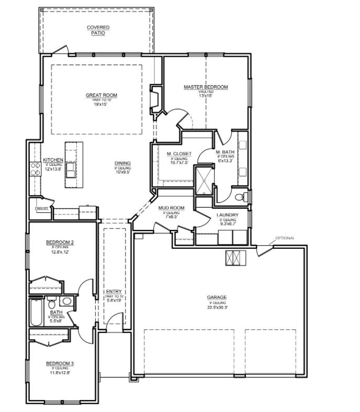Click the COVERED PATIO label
[x=98, y=30]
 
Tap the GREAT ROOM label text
[x=102, y=95]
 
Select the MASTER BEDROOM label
[x=206, y=87]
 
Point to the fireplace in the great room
[x=156, y=99]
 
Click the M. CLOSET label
[x=179, y=154]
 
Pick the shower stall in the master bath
[x=203, y=179]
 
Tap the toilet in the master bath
[x=241, y=197]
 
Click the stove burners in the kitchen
[x=36, y=168]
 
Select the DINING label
[x=123, y=163]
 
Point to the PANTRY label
[x=42, y=208]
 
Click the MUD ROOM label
[x=171, y=208]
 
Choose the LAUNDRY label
[x=228, y=215]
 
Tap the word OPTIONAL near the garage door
[x=285, y=238]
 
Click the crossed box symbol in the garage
[x=235, y=257]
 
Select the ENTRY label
[x=114, y=292]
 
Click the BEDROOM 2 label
[x=60, y=242]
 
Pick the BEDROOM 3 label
[x=60, y=363]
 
